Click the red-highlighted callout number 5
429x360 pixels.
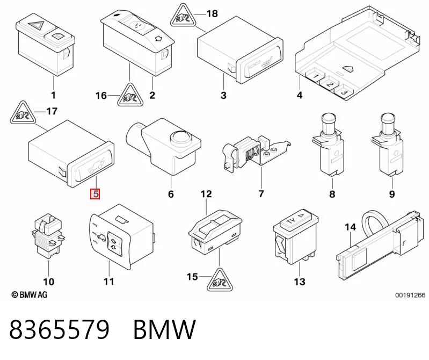tap(95, 194)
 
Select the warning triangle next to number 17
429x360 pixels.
tap(23, 113)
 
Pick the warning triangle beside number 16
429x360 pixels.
tap(130, 96)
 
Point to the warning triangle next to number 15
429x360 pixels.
tap(220, 280)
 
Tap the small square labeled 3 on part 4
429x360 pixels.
tap(344, 92)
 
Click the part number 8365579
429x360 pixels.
tap(60, 329)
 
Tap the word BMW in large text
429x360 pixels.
tap(164, 329)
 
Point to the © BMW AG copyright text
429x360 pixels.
tap(30, 294)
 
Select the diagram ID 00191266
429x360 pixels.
tap(410, 295)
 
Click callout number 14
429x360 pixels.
tap(350, 227)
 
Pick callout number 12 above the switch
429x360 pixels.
tap(206, 194)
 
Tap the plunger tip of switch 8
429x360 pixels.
tap(328, 118)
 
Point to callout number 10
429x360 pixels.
tap(48, 282)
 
